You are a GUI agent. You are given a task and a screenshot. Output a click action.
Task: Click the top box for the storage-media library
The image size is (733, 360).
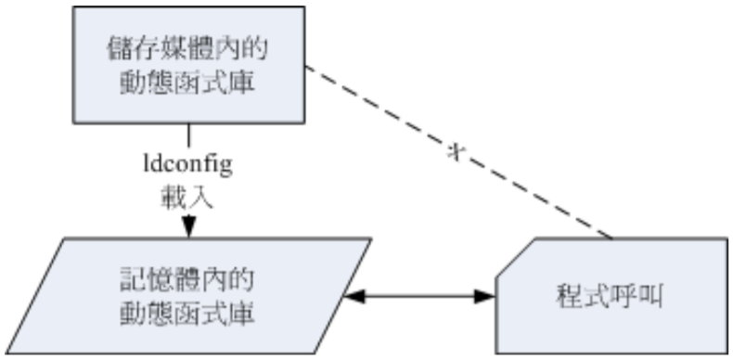190,63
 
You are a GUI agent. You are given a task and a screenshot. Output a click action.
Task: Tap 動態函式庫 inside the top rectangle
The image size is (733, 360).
189,82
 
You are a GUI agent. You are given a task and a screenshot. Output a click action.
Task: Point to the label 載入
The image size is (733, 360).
189,196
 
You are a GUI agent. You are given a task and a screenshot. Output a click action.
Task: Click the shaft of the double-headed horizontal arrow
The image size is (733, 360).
418,297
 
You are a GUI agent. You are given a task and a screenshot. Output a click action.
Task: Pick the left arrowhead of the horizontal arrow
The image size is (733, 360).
354,297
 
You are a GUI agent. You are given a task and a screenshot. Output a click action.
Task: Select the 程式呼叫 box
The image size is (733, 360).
611,297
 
